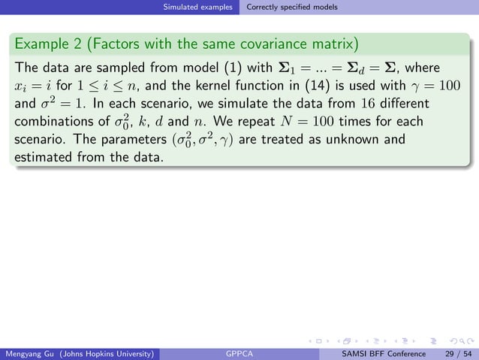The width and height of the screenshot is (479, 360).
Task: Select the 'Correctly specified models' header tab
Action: tap(292, 8)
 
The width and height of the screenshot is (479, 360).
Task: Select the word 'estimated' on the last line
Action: tap(44, 159)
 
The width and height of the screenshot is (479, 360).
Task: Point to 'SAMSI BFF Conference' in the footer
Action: tap(383, 353)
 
